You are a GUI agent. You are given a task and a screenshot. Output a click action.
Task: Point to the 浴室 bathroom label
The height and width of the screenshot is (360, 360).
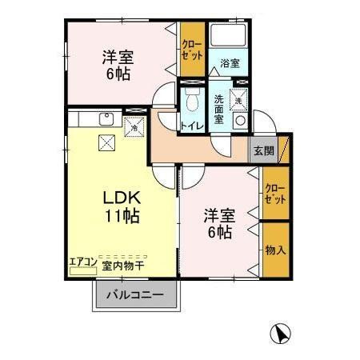point(230,63)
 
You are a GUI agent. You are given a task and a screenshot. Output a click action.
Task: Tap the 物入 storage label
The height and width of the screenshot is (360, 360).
point(274,251)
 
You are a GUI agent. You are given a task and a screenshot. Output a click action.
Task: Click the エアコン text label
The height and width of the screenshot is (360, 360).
point(82,261)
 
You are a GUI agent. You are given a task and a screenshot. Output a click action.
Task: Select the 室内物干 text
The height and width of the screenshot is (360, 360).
point(123,262)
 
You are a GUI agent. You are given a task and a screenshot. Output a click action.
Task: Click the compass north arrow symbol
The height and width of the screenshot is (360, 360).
point(281,332)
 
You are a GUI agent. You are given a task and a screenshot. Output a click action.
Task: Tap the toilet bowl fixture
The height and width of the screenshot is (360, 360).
point(190,100)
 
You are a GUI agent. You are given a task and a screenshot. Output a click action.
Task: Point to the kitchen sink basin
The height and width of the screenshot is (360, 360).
point(106,120)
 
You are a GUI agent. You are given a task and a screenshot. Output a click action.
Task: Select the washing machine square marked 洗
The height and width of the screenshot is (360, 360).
point(239,98)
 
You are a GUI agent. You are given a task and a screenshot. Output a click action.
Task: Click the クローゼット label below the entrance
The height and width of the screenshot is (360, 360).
point(274,193)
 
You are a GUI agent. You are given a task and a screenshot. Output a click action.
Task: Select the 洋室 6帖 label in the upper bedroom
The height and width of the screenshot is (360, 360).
point(116,64)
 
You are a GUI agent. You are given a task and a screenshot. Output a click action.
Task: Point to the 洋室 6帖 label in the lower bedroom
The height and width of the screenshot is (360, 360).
point(217,223)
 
